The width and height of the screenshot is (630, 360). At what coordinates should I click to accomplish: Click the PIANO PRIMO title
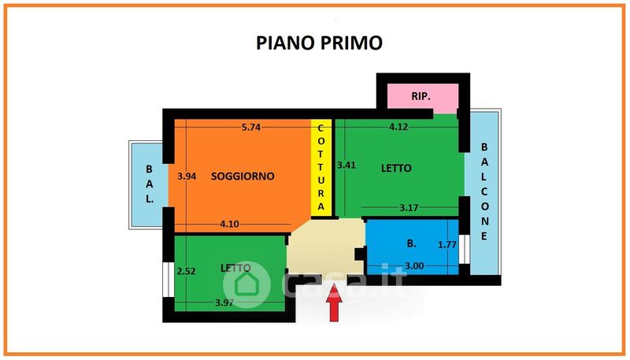(319, 42)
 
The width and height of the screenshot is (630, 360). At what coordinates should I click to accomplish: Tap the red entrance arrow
(334, 306)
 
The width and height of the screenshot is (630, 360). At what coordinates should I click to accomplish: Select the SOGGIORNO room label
(243, 176)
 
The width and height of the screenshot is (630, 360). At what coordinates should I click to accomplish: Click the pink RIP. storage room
(421, 97)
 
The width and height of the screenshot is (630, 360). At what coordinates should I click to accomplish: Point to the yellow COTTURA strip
(321, 168)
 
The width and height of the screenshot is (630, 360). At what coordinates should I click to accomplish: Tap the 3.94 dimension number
(187, 176)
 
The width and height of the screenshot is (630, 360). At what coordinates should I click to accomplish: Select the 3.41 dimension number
(346, 165)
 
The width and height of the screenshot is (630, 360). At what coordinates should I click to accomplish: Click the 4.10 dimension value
(229, 224)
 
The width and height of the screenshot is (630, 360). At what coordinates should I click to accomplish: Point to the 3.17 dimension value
(409, 208)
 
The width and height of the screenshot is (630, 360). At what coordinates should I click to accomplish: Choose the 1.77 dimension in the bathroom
(447, 245)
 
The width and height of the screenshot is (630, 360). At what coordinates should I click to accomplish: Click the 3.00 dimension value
(414, 266)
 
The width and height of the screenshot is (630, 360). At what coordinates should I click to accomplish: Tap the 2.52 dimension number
(186, 271)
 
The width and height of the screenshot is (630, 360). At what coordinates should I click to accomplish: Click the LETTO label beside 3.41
(397, 168)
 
